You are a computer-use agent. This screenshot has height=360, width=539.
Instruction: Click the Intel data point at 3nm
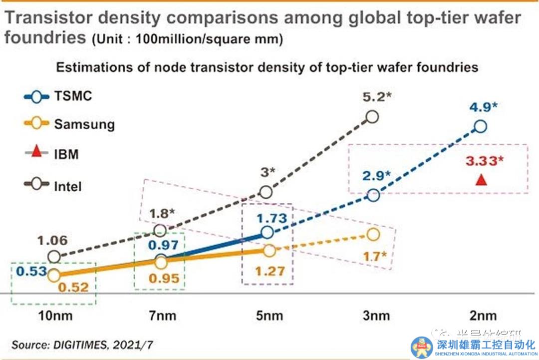(x=372, y=117)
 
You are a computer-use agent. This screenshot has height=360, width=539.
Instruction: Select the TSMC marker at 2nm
(x=480, y=126)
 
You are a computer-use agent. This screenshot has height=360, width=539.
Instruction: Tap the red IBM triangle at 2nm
(x=481, y=179)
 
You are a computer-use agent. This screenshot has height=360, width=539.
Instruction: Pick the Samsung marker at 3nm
(x=373, y=234)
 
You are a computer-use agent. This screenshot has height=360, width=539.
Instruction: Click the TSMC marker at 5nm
(x=267, y=232)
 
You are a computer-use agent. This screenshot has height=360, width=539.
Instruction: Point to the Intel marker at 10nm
(x=54, y=257)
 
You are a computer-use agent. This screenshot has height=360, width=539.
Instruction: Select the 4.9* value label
(x=482, y=107)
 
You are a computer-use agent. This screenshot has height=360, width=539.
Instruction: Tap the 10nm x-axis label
(x=54, y=316)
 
